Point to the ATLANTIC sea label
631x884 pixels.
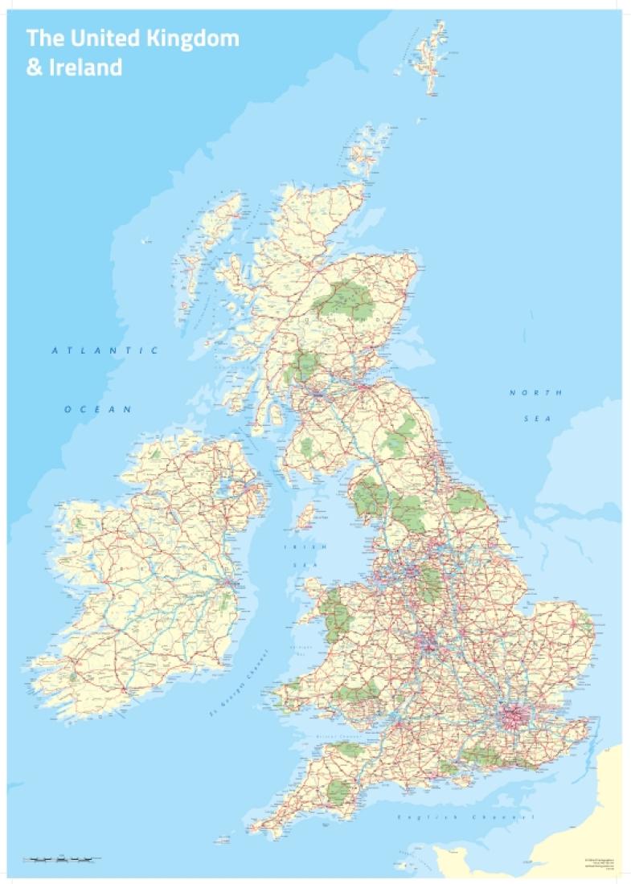104,350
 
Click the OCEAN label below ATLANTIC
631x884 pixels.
98,409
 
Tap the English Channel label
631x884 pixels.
466,817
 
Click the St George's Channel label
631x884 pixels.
238,691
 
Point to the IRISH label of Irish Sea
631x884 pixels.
294,546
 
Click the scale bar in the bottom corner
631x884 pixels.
63,859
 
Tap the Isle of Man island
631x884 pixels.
305,516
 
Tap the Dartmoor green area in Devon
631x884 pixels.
338,792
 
